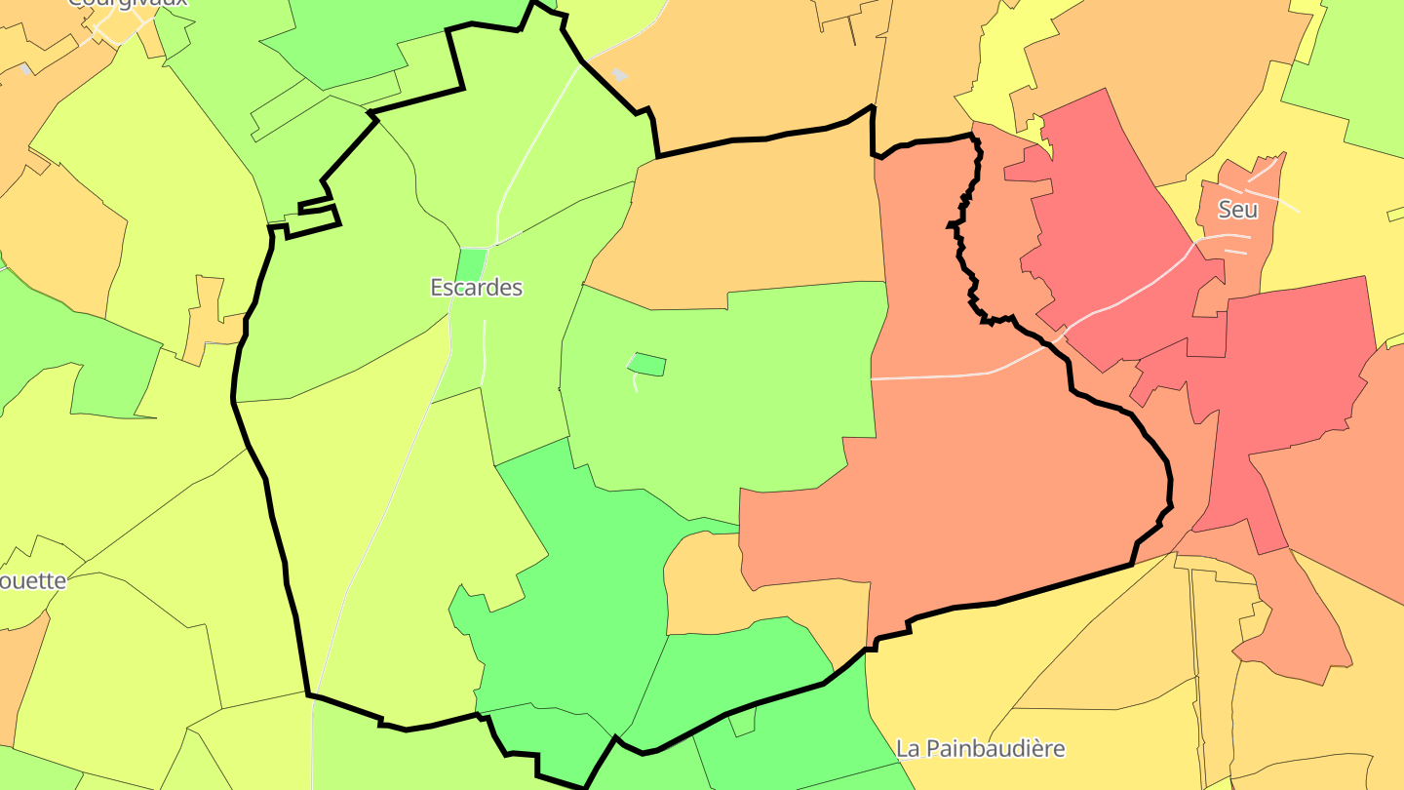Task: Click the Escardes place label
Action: tap(476, 288)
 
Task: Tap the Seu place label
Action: tap(1237, 210)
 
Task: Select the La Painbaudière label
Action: tap(980, 749)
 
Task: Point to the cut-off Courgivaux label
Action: tap(128, 3)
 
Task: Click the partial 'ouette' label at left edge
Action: tap(33, 581)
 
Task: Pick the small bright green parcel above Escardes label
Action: tap(472, 263)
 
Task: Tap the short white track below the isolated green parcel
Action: tap(634, 382)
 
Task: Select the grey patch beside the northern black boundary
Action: tap(619, 74)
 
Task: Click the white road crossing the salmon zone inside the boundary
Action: tap(936, 375)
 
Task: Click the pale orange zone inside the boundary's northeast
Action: tap(751, 224)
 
